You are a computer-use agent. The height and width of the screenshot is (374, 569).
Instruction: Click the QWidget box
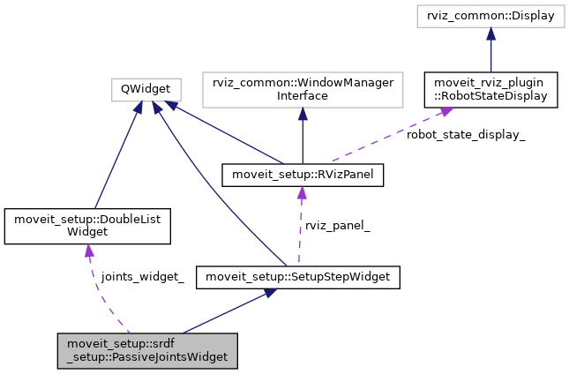[x=146, y=89]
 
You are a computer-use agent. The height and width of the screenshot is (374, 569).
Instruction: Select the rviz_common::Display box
[x=490, y=16]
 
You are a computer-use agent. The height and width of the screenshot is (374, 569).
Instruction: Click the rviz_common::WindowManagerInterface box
[x=302, y=88]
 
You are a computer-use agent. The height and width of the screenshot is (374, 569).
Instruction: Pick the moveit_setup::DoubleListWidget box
[x=86, y=226]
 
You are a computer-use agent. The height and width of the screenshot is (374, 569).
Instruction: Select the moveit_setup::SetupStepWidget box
[x=298, y=278]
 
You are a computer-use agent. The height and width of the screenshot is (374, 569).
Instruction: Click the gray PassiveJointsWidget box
[x=147, y=350]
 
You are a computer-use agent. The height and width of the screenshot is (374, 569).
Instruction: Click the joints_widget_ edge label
[x=142, y=277]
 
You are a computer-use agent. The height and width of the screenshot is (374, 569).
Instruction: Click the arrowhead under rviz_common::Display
[x=490, y=34]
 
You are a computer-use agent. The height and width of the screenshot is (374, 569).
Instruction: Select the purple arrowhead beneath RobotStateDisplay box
[x=447, y=112]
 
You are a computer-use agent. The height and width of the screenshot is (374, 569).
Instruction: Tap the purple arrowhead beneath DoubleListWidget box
[x=88, y=251]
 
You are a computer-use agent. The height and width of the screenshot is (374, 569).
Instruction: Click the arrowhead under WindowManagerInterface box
[x=302, y=112]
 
